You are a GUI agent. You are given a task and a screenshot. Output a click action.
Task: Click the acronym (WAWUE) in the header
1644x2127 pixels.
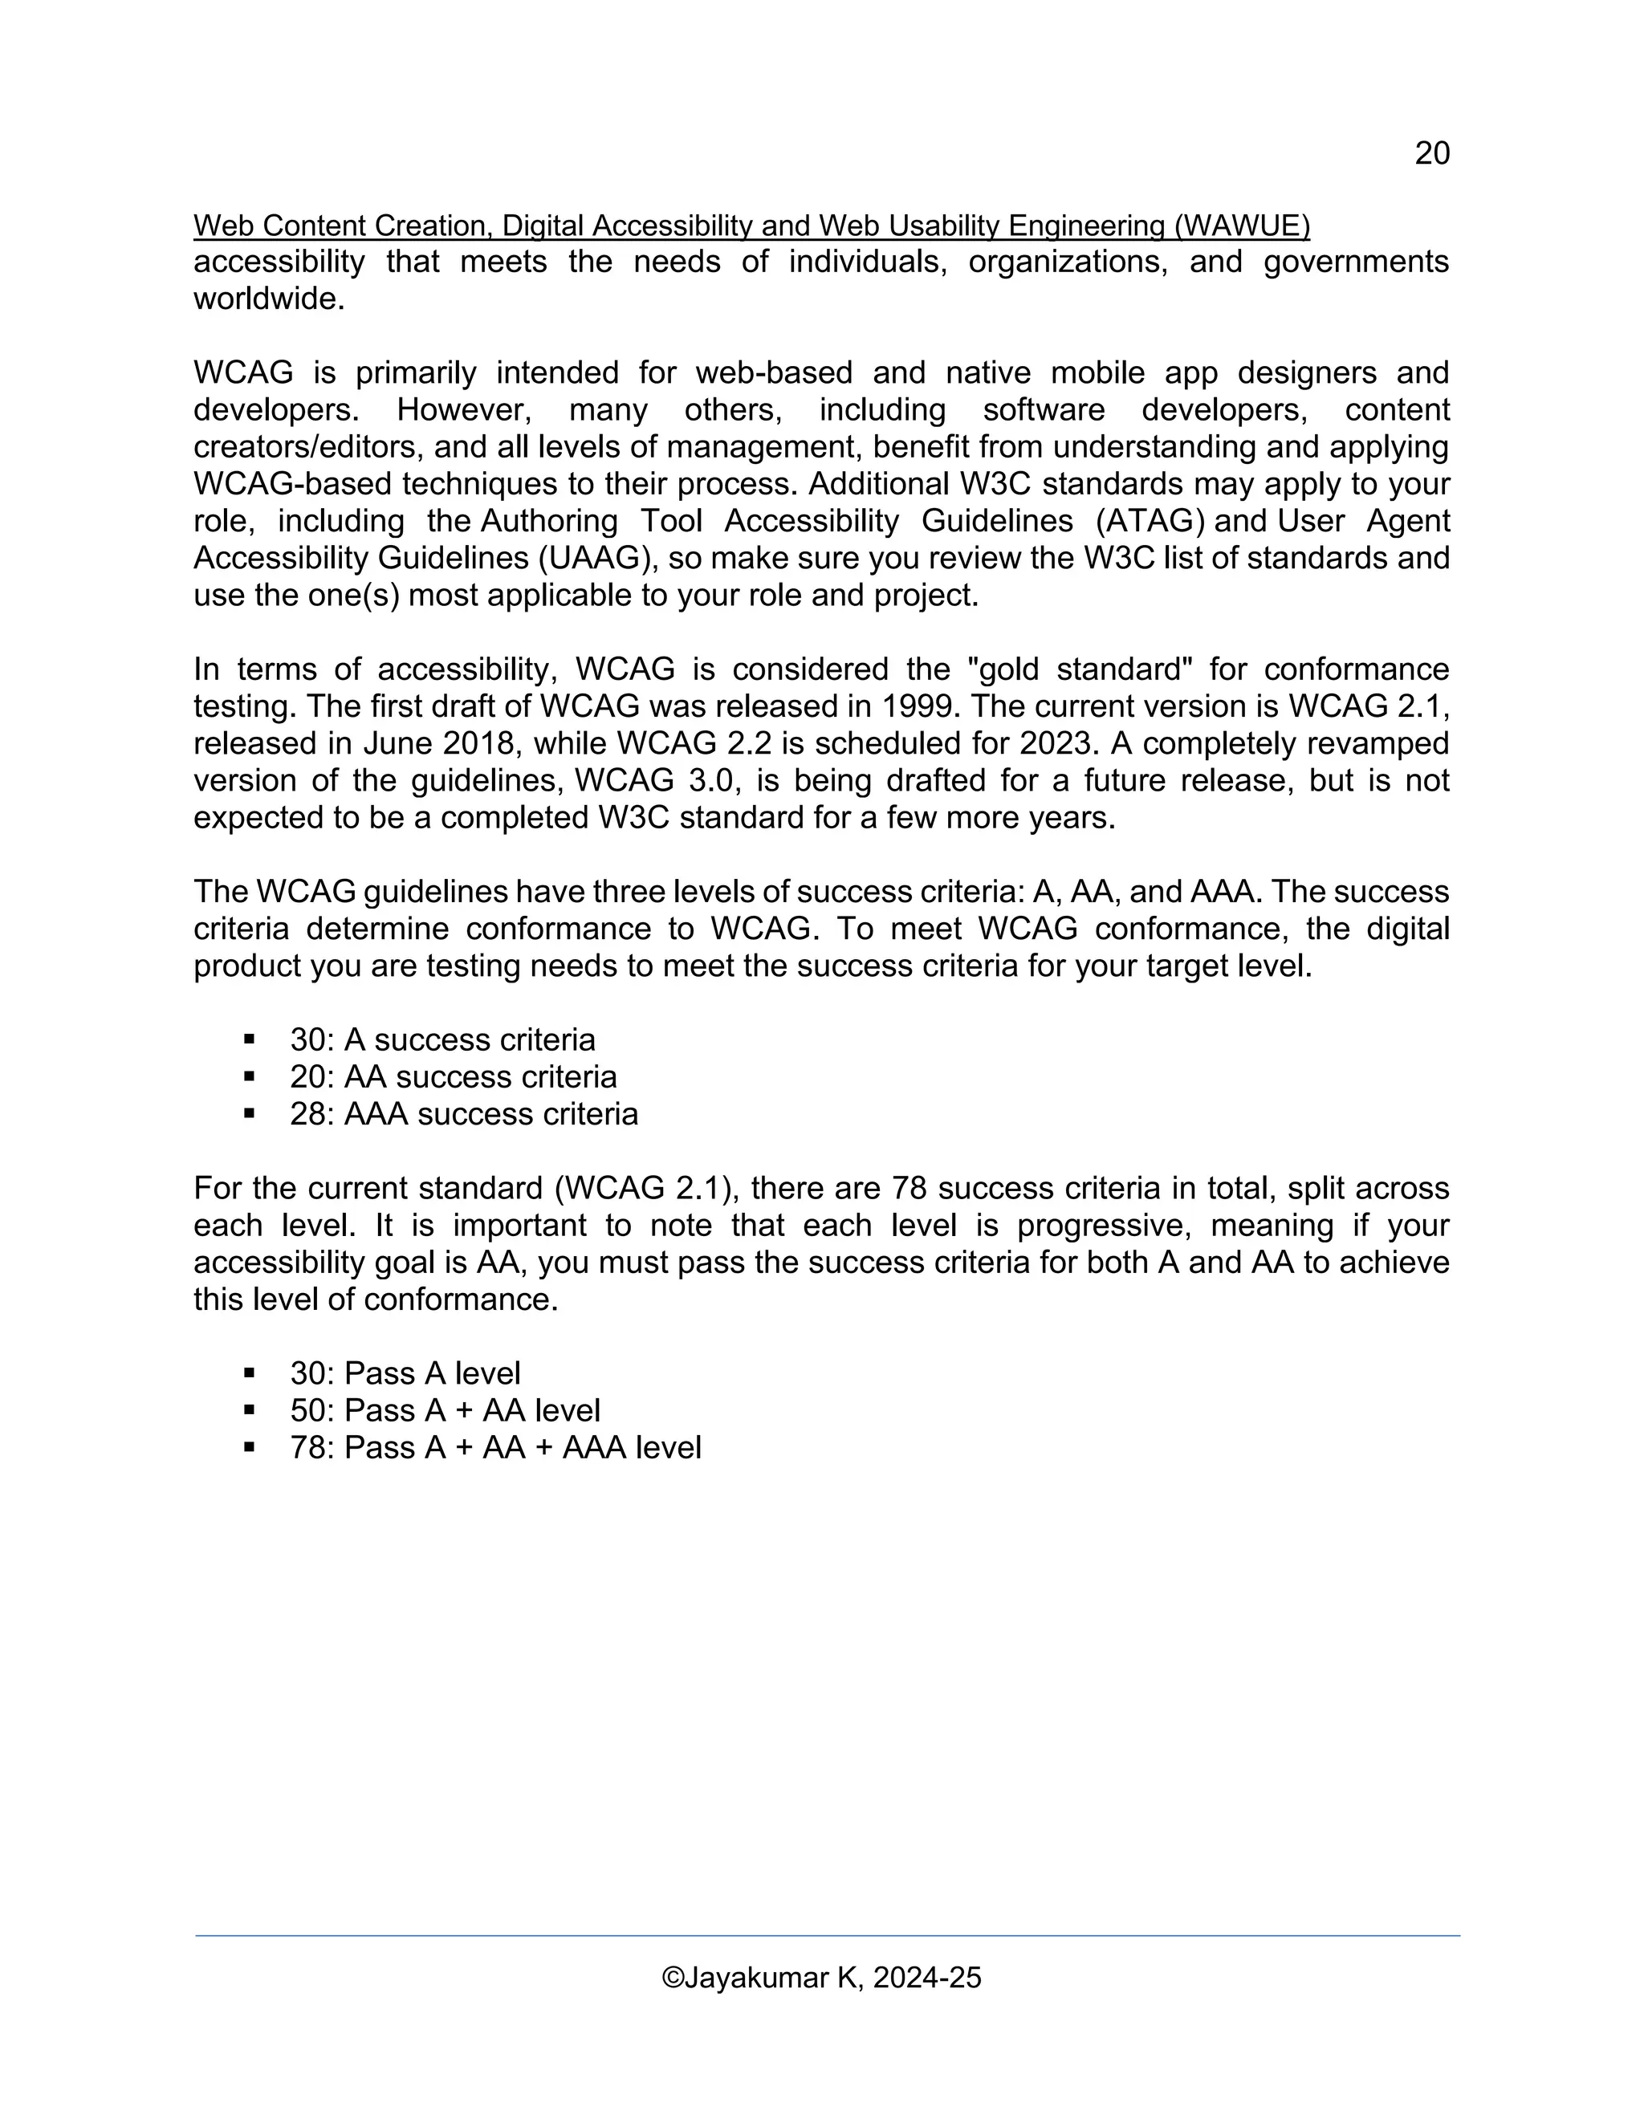(x=1242, y=226)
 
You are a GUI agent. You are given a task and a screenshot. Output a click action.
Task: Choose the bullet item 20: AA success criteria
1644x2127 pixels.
(x=453, y=1077)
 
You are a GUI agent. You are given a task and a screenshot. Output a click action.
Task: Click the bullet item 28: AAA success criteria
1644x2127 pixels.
(x=464, y=1114)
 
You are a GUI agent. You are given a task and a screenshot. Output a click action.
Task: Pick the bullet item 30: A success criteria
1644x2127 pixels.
(x=442, y=1040)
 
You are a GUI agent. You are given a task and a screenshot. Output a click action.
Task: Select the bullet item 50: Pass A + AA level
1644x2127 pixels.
(x=445, y=1410)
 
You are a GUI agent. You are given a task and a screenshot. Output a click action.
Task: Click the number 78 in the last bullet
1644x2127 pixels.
(x=307, y=1447)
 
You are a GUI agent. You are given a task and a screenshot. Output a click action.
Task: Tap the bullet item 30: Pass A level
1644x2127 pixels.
(x=405, y=1373)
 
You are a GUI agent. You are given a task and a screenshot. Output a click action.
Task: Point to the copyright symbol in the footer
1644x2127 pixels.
(x=672, y=1978)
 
